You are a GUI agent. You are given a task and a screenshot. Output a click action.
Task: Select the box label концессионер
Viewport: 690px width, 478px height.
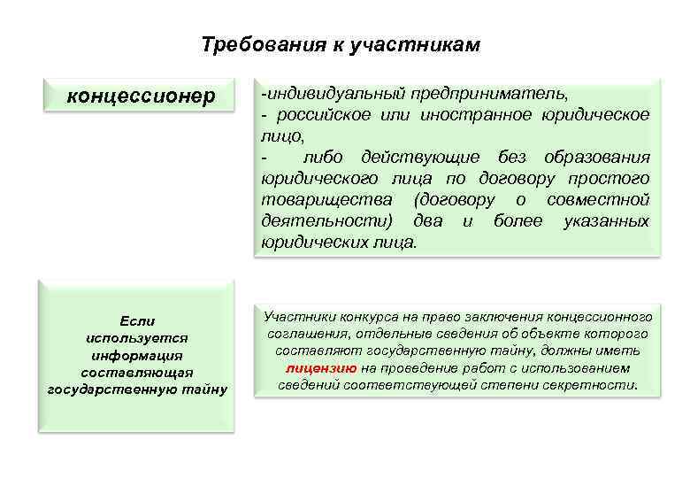coord(142,96)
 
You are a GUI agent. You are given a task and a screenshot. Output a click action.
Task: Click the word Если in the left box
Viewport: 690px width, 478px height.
coord(136,320)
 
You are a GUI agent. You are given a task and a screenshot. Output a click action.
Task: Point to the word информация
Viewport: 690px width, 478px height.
coord(136,355)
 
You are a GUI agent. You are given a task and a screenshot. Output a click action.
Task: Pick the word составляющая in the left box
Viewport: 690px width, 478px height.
coord(136,372)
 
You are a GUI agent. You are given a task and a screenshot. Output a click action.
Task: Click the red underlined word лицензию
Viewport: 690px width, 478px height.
coord(322,368)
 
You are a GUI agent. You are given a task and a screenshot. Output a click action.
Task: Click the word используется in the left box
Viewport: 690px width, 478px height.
coord(136,337)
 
